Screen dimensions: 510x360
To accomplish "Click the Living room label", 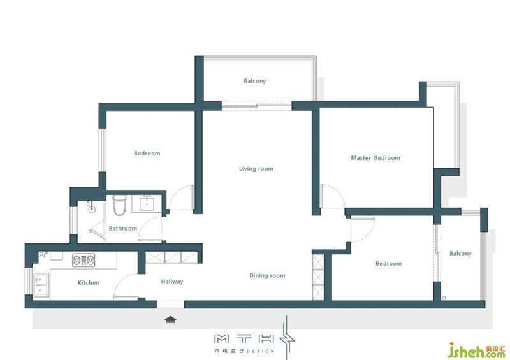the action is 256,168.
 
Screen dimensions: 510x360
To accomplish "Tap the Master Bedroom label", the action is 375,158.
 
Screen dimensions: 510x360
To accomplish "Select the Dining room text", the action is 267,275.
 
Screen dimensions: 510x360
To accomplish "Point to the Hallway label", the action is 172,281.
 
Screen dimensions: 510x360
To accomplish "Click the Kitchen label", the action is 89,283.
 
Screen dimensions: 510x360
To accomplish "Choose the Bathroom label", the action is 122,228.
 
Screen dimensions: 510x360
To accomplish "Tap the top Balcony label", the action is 254,81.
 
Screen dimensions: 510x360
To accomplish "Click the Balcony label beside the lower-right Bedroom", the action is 460,253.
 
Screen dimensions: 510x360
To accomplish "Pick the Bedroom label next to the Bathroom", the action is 147,153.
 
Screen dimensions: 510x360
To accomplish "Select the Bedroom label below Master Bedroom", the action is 389,263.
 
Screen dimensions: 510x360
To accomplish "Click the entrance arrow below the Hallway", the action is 170,319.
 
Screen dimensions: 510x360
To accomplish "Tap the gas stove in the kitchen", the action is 84,260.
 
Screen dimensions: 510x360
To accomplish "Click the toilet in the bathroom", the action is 119,205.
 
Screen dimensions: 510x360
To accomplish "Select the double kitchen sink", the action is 41,285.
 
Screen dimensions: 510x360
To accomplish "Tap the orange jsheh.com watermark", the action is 476,350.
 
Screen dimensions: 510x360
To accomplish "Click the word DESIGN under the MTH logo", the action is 260,351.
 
